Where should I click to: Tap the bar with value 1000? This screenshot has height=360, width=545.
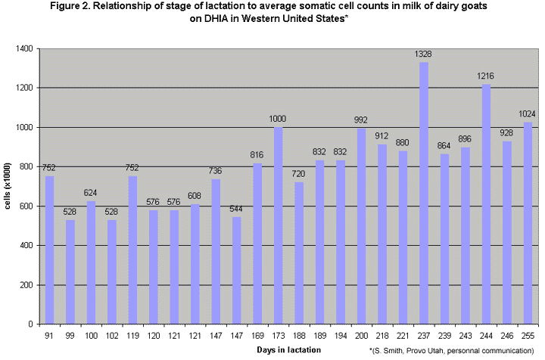[x=278, y=225]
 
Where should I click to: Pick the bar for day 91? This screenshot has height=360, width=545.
[x=50, y=250]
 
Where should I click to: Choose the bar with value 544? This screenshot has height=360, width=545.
[x=236, y=270]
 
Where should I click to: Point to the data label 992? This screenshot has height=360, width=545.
[x=361, y=119]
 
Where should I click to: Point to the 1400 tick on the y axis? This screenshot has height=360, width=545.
[x=25, y=49]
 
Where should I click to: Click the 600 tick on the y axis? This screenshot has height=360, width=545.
[x=27, y=206]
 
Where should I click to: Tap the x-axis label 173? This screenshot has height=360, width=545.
[x=278, y=334]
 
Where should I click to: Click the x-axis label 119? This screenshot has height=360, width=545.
[x=133, y=334]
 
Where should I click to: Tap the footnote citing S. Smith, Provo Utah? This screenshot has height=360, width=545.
[x=453, y=351]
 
